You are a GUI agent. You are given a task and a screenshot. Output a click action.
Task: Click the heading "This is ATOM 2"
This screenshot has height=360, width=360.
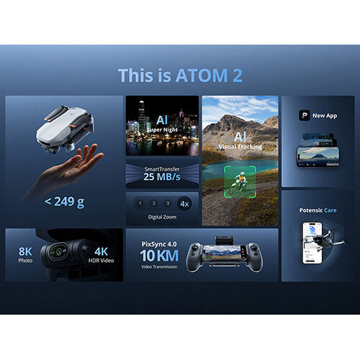180,75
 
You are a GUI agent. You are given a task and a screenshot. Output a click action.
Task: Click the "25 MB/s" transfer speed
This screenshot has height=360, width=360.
161,176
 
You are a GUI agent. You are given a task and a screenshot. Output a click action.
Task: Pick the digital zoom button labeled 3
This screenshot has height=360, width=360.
167,203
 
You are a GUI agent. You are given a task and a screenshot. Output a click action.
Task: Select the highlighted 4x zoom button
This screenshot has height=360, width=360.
184,203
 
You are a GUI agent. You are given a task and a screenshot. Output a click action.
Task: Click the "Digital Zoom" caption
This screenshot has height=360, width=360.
161,217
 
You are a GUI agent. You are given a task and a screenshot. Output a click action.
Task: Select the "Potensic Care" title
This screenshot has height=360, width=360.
318,210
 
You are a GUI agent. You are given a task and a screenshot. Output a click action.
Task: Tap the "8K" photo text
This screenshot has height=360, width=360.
26,251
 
